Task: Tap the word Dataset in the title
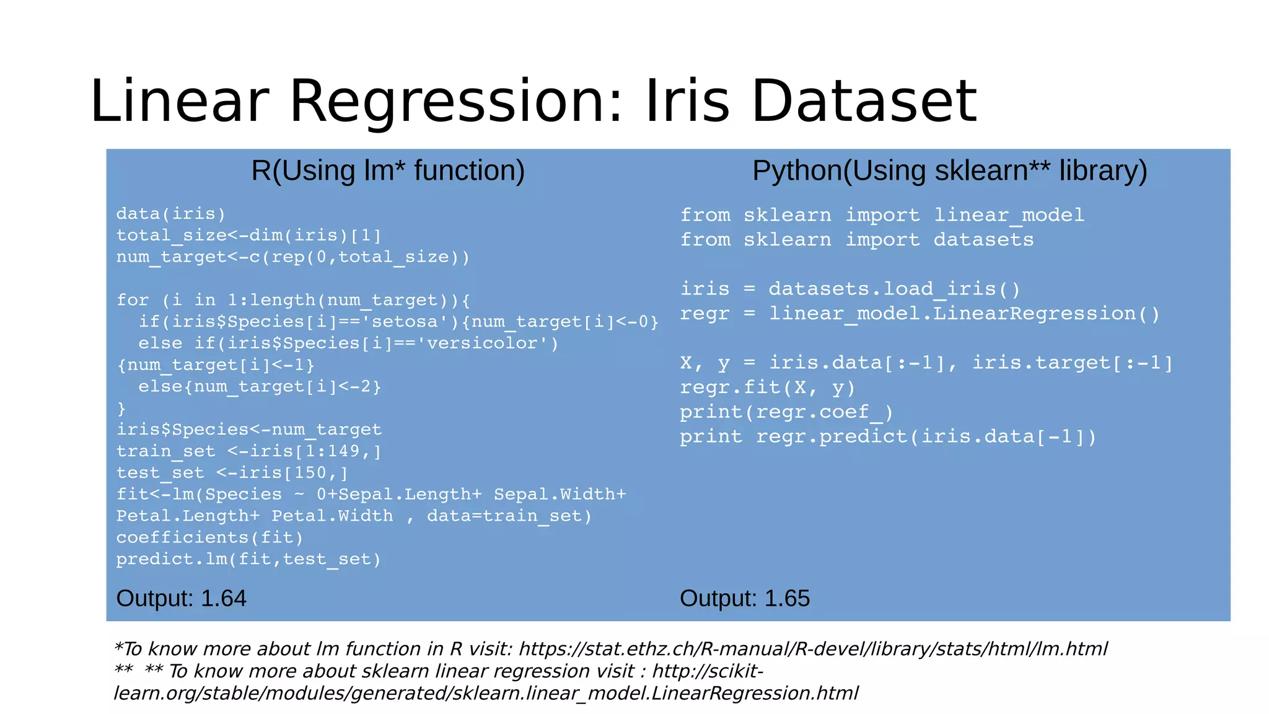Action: pos(864,102)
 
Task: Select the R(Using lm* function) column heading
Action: pos(388,170)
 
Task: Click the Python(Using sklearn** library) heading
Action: pos(949,170)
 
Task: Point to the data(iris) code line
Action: pos(171,214)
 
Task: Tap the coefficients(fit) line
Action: pos(209,537)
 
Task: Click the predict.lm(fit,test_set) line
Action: pos(248,559)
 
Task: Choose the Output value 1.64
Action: pos(224,599)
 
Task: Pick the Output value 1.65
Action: pos(787,599)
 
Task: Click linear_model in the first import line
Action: pos(1009,215)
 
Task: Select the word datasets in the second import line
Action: pos(983,240)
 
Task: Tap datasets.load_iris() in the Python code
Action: pos(894,289)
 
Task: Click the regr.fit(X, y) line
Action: pos(767,388)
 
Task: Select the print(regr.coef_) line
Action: pos(786,413)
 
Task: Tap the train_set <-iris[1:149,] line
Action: pos(248,451)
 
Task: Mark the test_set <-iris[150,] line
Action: pos(232,473)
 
